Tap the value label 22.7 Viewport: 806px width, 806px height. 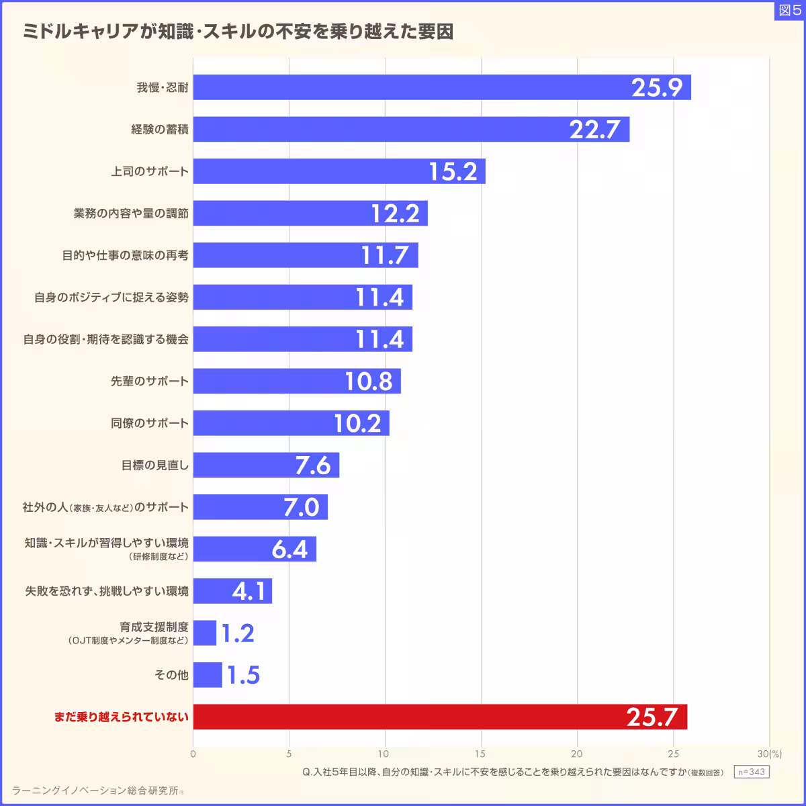tap(594, 129)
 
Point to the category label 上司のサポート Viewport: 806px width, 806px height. tap(150, 171)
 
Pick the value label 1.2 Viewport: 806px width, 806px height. tap(238, 633)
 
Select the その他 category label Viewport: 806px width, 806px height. tap(171, 675)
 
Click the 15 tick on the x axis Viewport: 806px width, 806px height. tap(481, 754)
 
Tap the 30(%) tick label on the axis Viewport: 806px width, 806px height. tap(770, 754)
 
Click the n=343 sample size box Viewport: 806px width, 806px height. tap(751, 772)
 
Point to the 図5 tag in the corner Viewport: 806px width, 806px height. tap(789, 10)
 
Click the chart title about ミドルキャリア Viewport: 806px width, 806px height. tap(238, 32)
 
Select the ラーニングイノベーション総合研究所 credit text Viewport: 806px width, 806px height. tap(97, 791)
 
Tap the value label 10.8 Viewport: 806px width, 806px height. tap(369, 382)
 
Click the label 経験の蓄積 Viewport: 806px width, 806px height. tap(160, 129)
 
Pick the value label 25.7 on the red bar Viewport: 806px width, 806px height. tap(652, 717)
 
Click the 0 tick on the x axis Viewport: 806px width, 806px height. tap(193, 754)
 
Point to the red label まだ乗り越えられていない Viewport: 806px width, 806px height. tap(122, 717)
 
